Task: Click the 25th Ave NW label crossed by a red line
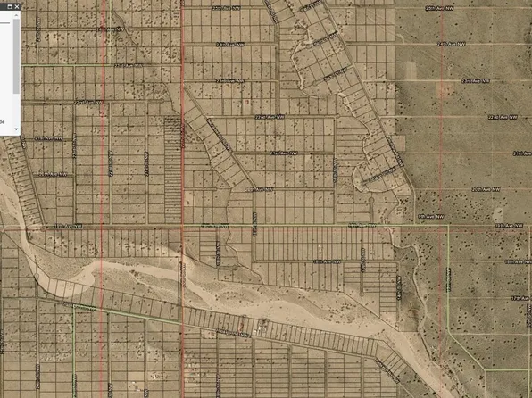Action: (108, 29)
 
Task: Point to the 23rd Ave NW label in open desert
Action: (471, 80)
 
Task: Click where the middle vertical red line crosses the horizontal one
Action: (182, 228)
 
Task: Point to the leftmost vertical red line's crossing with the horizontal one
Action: (103, 228)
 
